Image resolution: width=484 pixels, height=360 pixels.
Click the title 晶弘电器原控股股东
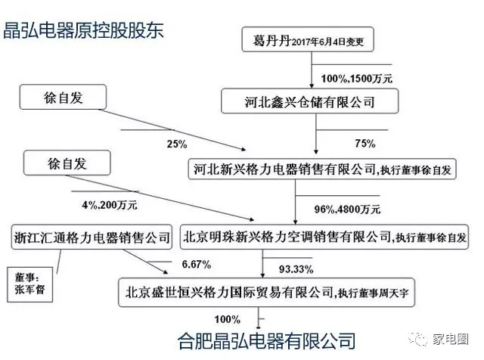(x=83, y=30)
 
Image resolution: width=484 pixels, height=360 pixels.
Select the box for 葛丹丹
(x=308, y=39)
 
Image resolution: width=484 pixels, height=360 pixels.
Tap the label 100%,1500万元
(x=356, y=79)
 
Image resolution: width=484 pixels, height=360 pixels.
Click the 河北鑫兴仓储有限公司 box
(x=309, y=101)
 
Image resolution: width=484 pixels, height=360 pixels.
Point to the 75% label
(x=365, y=143)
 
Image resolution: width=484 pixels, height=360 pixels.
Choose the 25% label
(x=177, y=144)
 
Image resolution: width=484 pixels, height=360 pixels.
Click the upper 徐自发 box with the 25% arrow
(x=63, y=97)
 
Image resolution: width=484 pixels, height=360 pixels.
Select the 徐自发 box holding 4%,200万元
(x=67, y=163)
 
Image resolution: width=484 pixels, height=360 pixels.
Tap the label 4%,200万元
(x=110, y=205)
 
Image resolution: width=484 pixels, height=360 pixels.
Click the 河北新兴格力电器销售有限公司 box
(x=322, y=169)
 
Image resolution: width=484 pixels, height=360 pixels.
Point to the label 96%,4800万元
(x=347, y=209)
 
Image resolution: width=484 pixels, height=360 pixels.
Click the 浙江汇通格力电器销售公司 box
(x=92, y=237)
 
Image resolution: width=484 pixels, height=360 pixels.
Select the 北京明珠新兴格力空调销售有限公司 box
(x=324, y=237)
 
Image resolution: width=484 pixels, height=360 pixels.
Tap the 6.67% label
(x=197, y=264)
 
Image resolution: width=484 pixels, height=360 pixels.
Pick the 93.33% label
(x=296, y=269)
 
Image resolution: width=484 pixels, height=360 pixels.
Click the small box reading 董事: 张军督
(x=30, y=284)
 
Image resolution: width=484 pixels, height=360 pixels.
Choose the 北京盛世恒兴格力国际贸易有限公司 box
(x=266, y=293)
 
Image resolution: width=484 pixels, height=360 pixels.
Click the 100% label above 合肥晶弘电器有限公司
(x=228, y=319)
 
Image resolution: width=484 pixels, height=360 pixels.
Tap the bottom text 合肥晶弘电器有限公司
(x=266, y=340)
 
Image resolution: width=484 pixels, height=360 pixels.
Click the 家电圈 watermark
(x=439, y=340)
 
